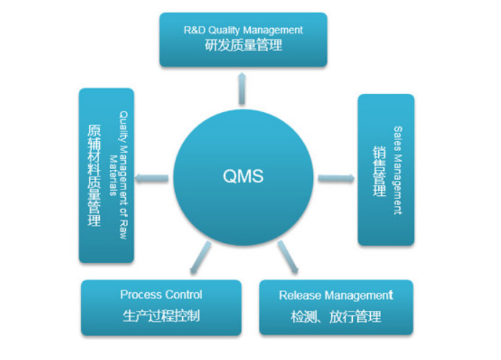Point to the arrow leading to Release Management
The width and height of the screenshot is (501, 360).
tap(288, 258)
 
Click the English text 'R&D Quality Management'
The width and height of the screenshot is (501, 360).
tap(243, 30)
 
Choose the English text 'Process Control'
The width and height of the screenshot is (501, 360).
tap(161, 295)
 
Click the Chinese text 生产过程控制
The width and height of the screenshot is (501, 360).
tap(161, 316)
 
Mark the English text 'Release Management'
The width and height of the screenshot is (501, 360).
tap(336, 295)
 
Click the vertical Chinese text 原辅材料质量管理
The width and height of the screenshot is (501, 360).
tap(93, 176)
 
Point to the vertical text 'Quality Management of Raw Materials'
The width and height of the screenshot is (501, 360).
tap(119, 176)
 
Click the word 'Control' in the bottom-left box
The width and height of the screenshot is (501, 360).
tap(184, 295)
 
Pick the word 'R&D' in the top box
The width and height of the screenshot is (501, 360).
tap(194, 30)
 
